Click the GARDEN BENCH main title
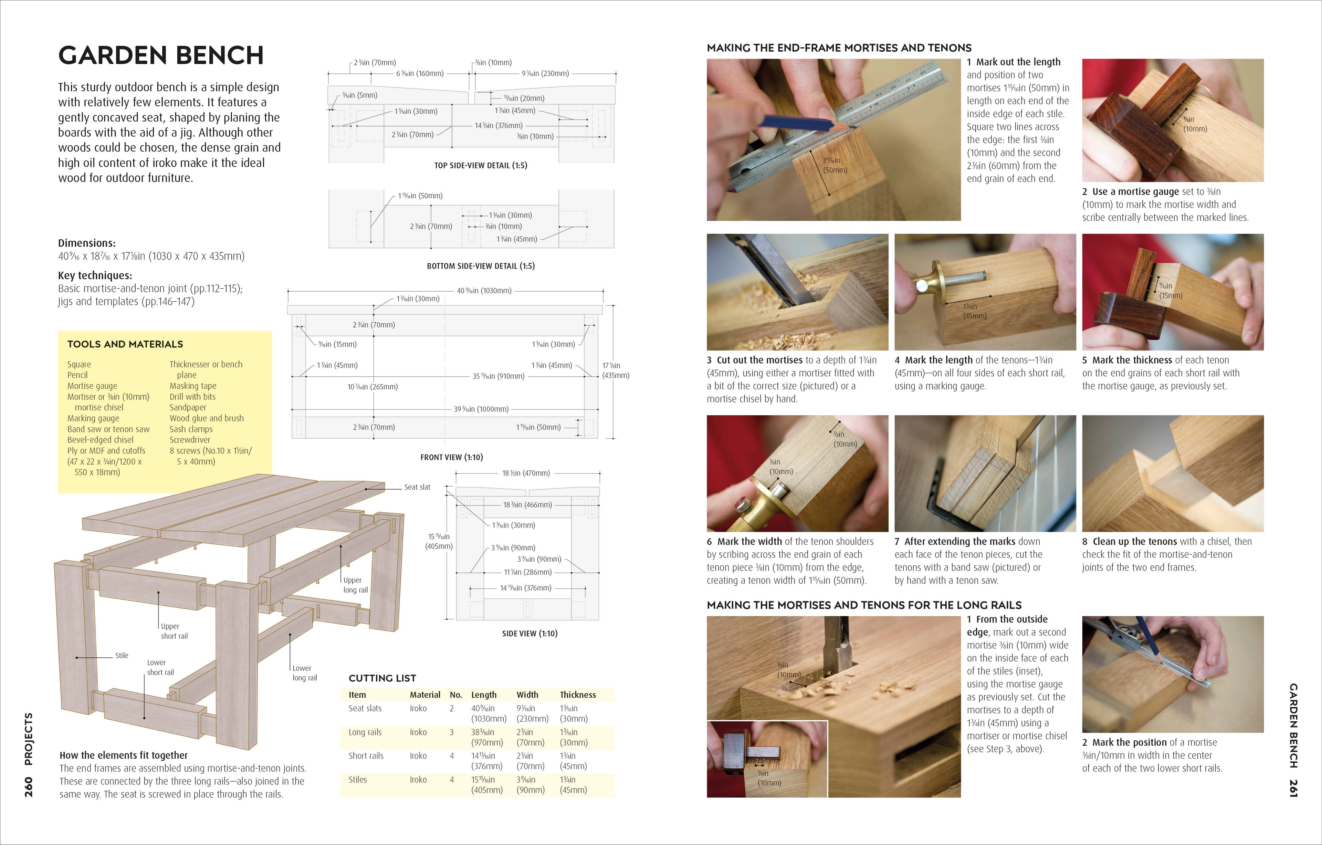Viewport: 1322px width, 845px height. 160,55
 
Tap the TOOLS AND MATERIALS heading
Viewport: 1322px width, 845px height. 125,344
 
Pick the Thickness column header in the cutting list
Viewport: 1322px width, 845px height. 578,695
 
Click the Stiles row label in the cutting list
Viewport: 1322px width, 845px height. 357,780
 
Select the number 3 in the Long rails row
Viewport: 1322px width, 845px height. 451,732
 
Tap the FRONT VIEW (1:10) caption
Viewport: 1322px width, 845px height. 451,457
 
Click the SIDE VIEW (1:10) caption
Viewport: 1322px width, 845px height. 529,633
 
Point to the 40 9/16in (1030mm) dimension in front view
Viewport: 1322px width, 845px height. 484,291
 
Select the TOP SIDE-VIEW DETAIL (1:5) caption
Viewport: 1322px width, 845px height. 480,165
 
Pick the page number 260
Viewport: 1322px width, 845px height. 29,787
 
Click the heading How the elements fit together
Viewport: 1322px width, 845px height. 124,755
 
